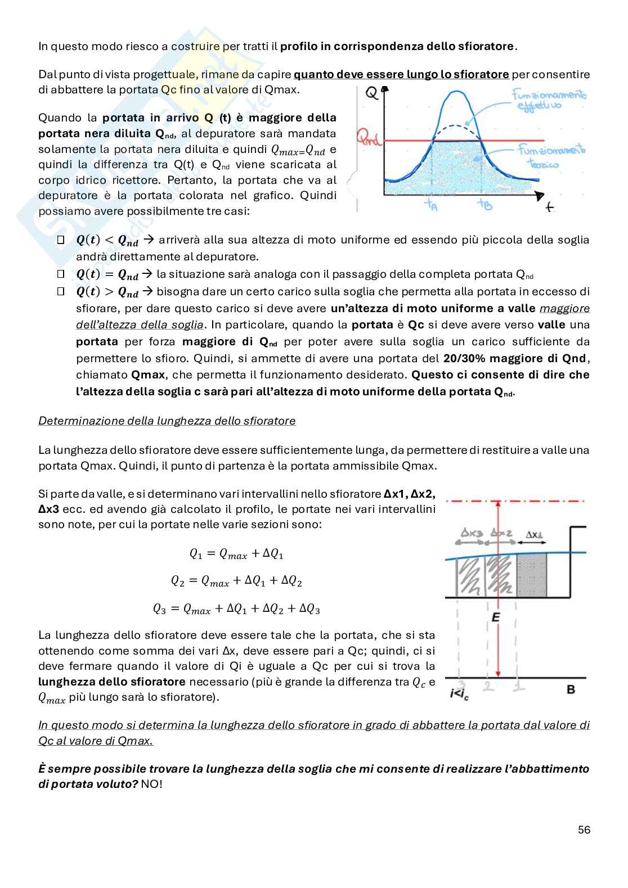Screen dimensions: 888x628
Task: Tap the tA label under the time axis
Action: tap(432, 205)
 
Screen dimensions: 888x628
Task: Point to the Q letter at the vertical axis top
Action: tap(371, 93)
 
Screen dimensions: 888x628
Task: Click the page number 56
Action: tap(584, 830)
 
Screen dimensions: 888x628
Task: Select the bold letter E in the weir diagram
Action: tap(496, 617)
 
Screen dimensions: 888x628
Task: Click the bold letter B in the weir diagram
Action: tap(571, 689)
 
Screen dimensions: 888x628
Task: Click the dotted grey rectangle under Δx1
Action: tap(531, 575)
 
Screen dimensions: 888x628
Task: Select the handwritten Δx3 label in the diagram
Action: tap(472, 533)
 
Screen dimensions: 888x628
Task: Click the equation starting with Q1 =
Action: tap(236, 554)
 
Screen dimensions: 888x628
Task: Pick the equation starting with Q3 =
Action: tap(236, 609)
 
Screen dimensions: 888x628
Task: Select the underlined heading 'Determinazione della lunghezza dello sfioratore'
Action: tap(167, 421)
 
